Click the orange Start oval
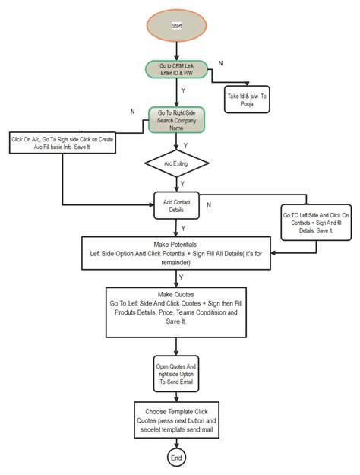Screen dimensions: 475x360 [x=176, y=26]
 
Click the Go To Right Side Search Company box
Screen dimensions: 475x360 [x=176, y=120]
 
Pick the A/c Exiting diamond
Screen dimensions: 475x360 [x=176, y=163]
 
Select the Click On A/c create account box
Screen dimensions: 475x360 [x=62, y=143]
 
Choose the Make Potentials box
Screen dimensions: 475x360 [x=176, y=252]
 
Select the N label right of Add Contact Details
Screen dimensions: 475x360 [x=209, y=204]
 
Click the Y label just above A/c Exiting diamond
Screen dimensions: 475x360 [x=186, y=144]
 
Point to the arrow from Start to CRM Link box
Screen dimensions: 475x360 [x=176, y=50]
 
